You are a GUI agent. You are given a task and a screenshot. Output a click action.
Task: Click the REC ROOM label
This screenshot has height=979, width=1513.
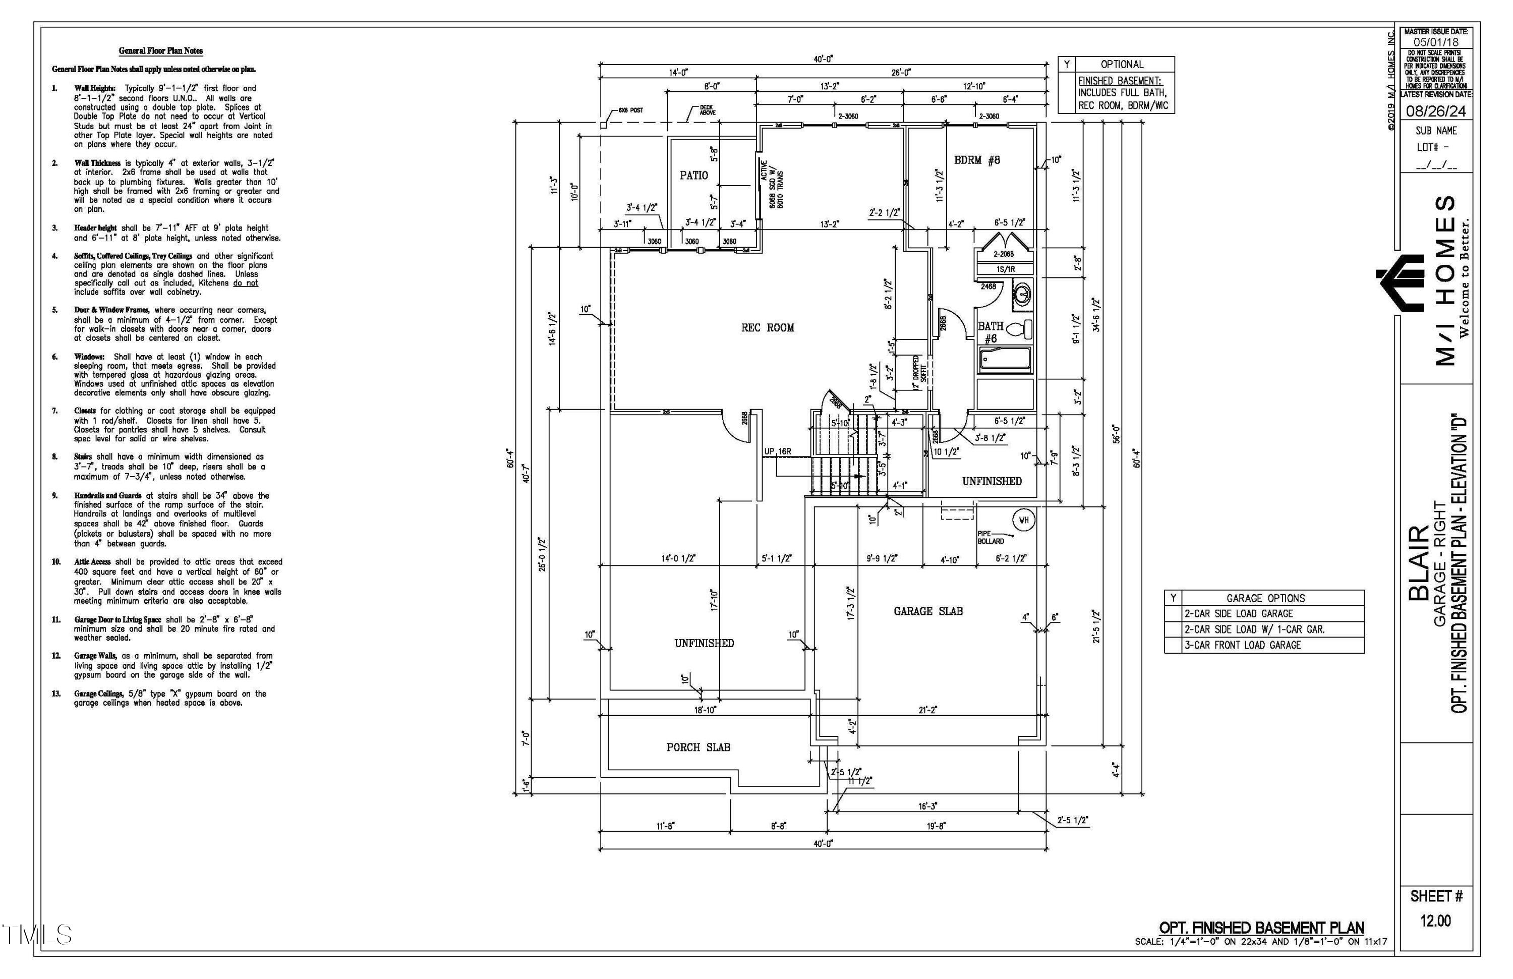coord(767,328)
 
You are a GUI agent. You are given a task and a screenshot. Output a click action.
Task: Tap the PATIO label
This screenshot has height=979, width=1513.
coord(693,176)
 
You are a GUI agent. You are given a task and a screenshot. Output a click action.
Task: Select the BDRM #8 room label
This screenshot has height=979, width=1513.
coord(976,160)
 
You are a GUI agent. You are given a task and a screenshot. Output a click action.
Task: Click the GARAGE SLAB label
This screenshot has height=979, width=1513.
coord(927,611)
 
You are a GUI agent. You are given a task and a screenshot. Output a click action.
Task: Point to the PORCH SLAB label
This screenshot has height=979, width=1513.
coord(698,747)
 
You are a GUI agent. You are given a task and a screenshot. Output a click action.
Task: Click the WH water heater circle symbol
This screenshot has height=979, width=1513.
coord(1023,520)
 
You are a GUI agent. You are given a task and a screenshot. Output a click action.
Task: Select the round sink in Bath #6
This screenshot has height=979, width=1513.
coord(1022,296)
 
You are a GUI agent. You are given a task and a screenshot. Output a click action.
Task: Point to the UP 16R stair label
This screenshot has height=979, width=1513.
coord(778,451)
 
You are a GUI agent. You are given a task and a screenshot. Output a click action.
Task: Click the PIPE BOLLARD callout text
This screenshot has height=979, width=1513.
coord(990,537)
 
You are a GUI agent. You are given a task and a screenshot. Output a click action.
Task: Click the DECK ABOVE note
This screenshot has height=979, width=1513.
coord(707,110)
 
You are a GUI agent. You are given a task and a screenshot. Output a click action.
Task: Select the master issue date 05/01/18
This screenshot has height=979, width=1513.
coord(1435,42)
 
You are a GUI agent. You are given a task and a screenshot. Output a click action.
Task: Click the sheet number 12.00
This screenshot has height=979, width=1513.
coord(1435,920)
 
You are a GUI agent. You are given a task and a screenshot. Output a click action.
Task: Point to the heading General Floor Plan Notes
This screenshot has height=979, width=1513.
coord(161,51)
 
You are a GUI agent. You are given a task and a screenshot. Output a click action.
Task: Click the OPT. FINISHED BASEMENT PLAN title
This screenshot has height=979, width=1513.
coord(1261,928)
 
